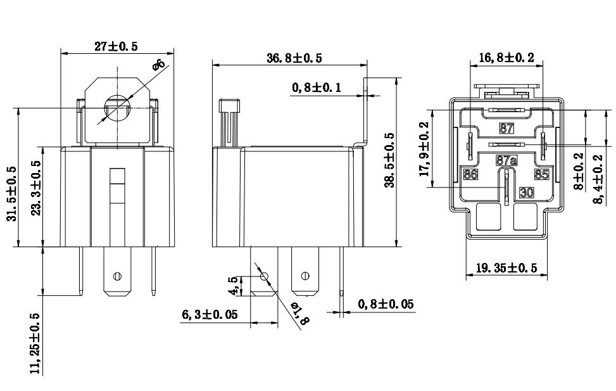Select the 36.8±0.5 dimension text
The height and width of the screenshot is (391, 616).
pos(294,58)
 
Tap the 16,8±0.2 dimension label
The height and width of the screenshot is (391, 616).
pos(506,58)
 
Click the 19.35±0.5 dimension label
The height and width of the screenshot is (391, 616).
pos(506,268)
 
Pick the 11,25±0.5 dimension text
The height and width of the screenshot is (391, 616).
pos(36,343)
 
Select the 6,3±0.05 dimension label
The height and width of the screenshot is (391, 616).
pos(210,314)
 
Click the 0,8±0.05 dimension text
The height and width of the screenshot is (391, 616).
pos(386,305)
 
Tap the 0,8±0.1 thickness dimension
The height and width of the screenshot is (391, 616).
pos(317,87)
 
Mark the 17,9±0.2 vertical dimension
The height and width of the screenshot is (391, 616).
pos(425,149)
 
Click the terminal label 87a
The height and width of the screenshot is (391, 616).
pos(506,161)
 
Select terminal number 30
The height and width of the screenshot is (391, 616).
pos(526,191)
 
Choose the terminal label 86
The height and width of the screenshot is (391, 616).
pos(470,174)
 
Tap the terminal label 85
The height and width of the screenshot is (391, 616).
pos(541,174)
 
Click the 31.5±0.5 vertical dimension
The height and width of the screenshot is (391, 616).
pos(13,193)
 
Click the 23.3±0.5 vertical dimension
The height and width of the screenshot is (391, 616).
pos(36,188)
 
